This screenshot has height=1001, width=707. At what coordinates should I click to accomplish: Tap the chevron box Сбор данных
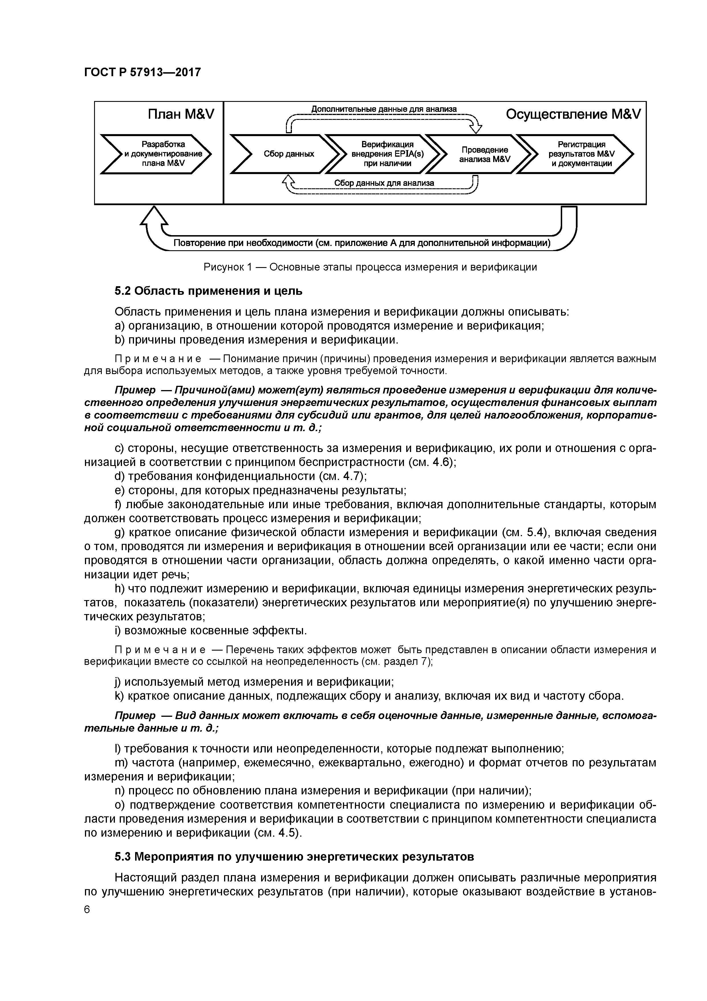tap(289, 154)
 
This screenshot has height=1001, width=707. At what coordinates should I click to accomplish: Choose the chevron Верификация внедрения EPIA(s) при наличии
tap(387, 154)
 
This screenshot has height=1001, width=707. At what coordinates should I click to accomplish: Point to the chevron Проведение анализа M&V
tap(484, 154)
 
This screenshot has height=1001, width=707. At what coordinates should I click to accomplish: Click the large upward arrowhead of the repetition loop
tap(154, 216)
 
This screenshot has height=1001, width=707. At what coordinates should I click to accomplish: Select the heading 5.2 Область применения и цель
tap(208, 290)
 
